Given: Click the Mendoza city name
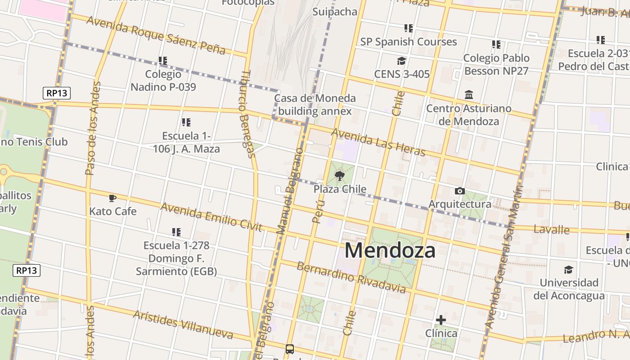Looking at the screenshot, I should tap(390, 250).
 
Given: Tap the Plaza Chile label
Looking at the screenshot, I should tap(340, 189).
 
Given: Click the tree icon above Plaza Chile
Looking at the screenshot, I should tap(340, 175).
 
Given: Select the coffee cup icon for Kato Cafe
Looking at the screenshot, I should tap(112, 198).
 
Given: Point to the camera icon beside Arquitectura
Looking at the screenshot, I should tap(459, 191).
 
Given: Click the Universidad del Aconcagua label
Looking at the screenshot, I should tap(569, 289).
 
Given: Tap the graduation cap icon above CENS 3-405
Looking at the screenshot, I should tap(401, 61).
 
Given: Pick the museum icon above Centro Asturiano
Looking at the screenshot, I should tap(469, 95).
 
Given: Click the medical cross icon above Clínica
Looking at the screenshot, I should tap(441, 320).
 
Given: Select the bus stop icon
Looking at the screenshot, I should tap(290, 349).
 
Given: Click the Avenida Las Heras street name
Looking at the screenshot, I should tap(378, 142).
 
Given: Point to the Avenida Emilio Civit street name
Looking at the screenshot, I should tap(211, 216).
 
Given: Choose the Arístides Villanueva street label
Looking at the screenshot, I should tap(183, 324).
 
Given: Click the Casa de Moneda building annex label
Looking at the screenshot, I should tap(315, 104).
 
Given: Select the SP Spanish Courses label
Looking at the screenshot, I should tap(408, 42).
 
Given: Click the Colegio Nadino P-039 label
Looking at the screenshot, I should tap(163, 80).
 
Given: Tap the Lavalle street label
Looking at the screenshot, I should tap(551, 229).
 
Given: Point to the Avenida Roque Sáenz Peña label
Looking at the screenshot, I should tap(156, 35).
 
